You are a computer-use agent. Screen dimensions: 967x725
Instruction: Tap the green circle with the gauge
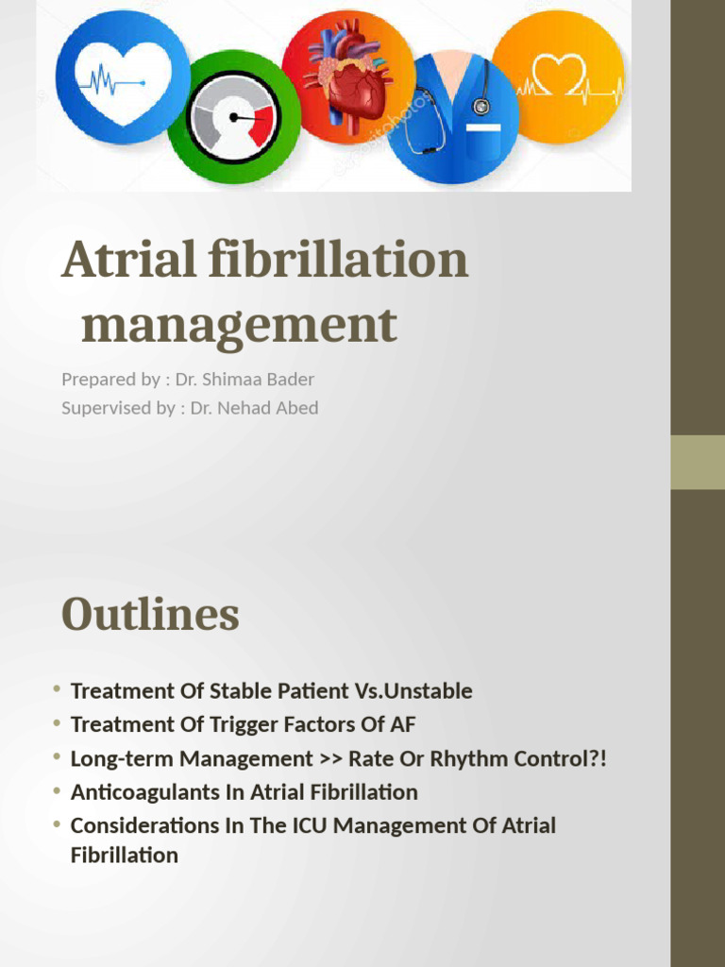click(234, 117)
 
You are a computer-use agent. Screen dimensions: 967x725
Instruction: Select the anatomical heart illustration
click(349, 77)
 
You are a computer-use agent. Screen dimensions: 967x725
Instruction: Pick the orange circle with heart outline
click(559, 77)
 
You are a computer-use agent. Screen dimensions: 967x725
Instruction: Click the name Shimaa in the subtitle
click(235, 379)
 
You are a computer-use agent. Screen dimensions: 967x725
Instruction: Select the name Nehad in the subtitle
click(244, 408)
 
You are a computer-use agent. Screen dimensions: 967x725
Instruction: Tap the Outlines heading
click(150, 615)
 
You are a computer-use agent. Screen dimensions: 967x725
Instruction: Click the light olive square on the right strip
click(698, 462)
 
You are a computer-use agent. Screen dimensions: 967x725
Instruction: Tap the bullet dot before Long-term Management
click(58, 757)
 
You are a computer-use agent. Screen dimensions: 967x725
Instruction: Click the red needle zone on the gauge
click(261, 124)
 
